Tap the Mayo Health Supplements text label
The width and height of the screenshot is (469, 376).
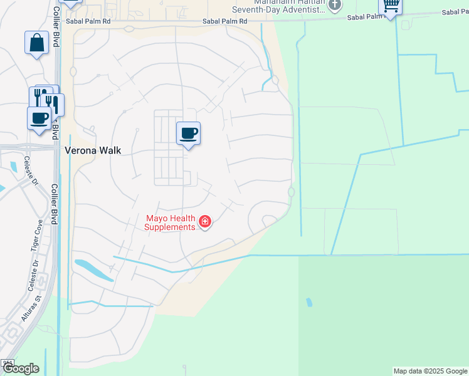click(x=171, y=222)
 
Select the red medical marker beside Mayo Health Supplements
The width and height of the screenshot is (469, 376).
click(x=204, y=221)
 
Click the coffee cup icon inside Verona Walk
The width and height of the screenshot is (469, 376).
click(x=188, y=133)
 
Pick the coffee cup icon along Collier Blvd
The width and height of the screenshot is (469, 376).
click(x=39, y=117)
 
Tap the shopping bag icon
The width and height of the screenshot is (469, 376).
click(x=37, y=43)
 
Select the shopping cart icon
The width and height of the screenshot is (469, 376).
click(x=390, y=6)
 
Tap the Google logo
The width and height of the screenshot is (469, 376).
click(x=21, y=368)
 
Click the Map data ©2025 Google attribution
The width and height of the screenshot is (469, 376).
click(x=430, y=371)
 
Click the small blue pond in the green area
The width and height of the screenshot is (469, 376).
click(x=308, y=303)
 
